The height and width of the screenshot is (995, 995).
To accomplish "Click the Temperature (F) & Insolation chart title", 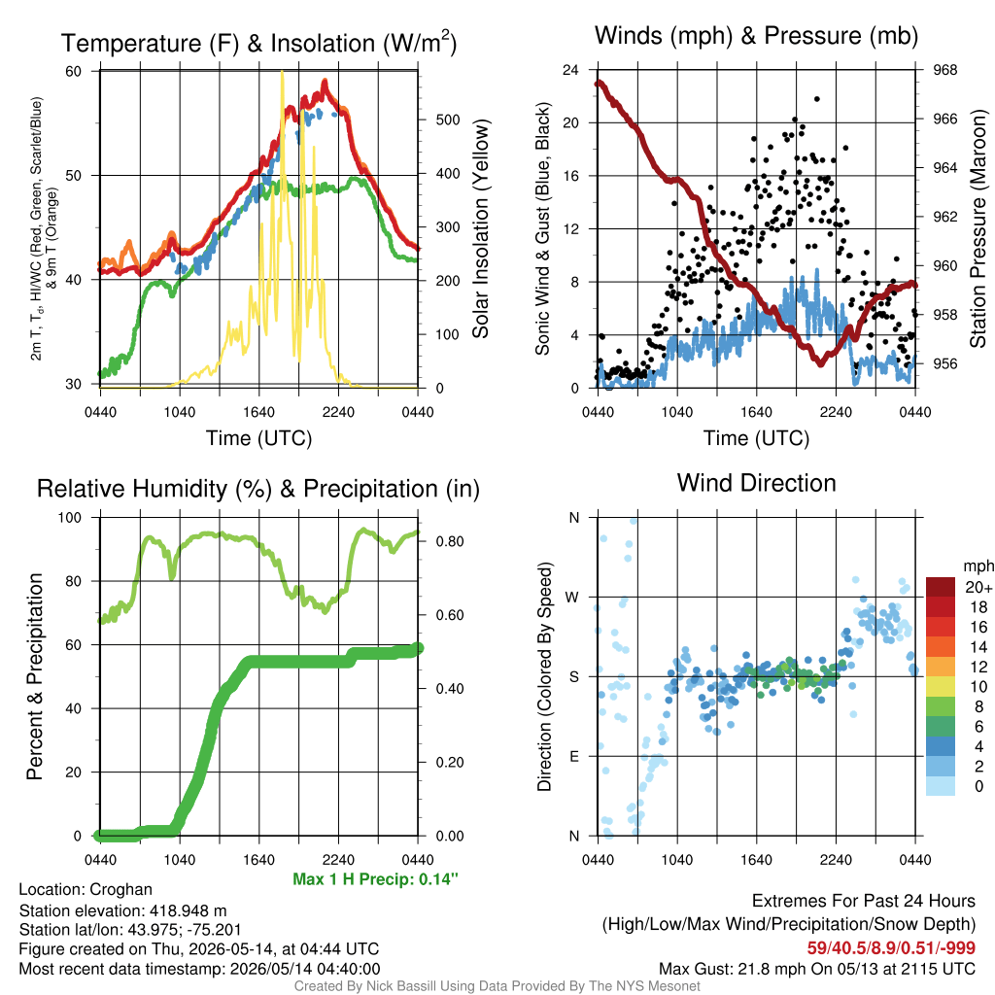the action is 258,43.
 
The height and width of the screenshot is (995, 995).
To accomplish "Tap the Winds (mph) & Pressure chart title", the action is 756,36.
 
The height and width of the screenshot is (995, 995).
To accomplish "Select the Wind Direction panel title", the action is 756,483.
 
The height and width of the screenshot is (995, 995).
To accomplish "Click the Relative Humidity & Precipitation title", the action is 258,489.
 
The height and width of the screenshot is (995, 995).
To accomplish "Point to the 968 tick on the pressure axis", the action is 944,70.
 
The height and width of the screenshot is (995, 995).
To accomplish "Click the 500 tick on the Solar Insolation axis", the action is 447,120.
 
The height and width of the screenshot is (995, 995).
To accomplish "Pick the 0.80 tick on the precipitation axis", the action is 450,541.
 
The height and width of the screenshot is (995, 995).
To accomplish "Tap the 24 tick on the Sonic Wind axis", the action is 570,70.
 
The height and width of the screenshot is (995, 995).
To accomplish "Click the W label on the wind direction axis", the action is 572,598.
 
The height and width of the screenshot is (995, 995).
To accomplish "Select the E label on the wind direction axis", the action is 573,756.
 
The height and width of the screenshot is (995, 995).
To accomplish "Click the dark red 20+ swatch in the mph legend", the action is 941,587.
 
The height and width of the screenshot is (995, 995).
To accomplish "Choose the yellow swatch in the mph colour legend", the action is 941,687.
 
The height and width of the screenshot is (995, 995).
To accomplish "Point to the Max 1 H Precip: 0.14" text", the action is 375,878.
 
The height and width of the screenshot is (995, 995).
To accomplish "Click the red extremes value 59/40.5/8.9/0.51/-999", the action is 891,947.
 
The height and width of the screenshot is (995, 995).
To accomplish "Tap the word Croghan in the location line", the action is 120,889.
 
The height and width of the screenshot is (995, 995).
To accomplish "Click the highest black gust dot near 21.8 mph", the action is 816,99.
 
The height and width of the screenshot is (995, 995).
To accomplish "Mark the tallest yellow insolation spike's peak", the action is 282,72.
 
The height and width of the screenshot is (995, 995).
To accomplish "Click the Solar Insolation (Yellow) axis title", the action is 480,228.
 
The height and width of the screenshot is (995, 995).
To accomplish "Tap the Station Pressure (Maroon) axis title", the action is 978,228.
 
